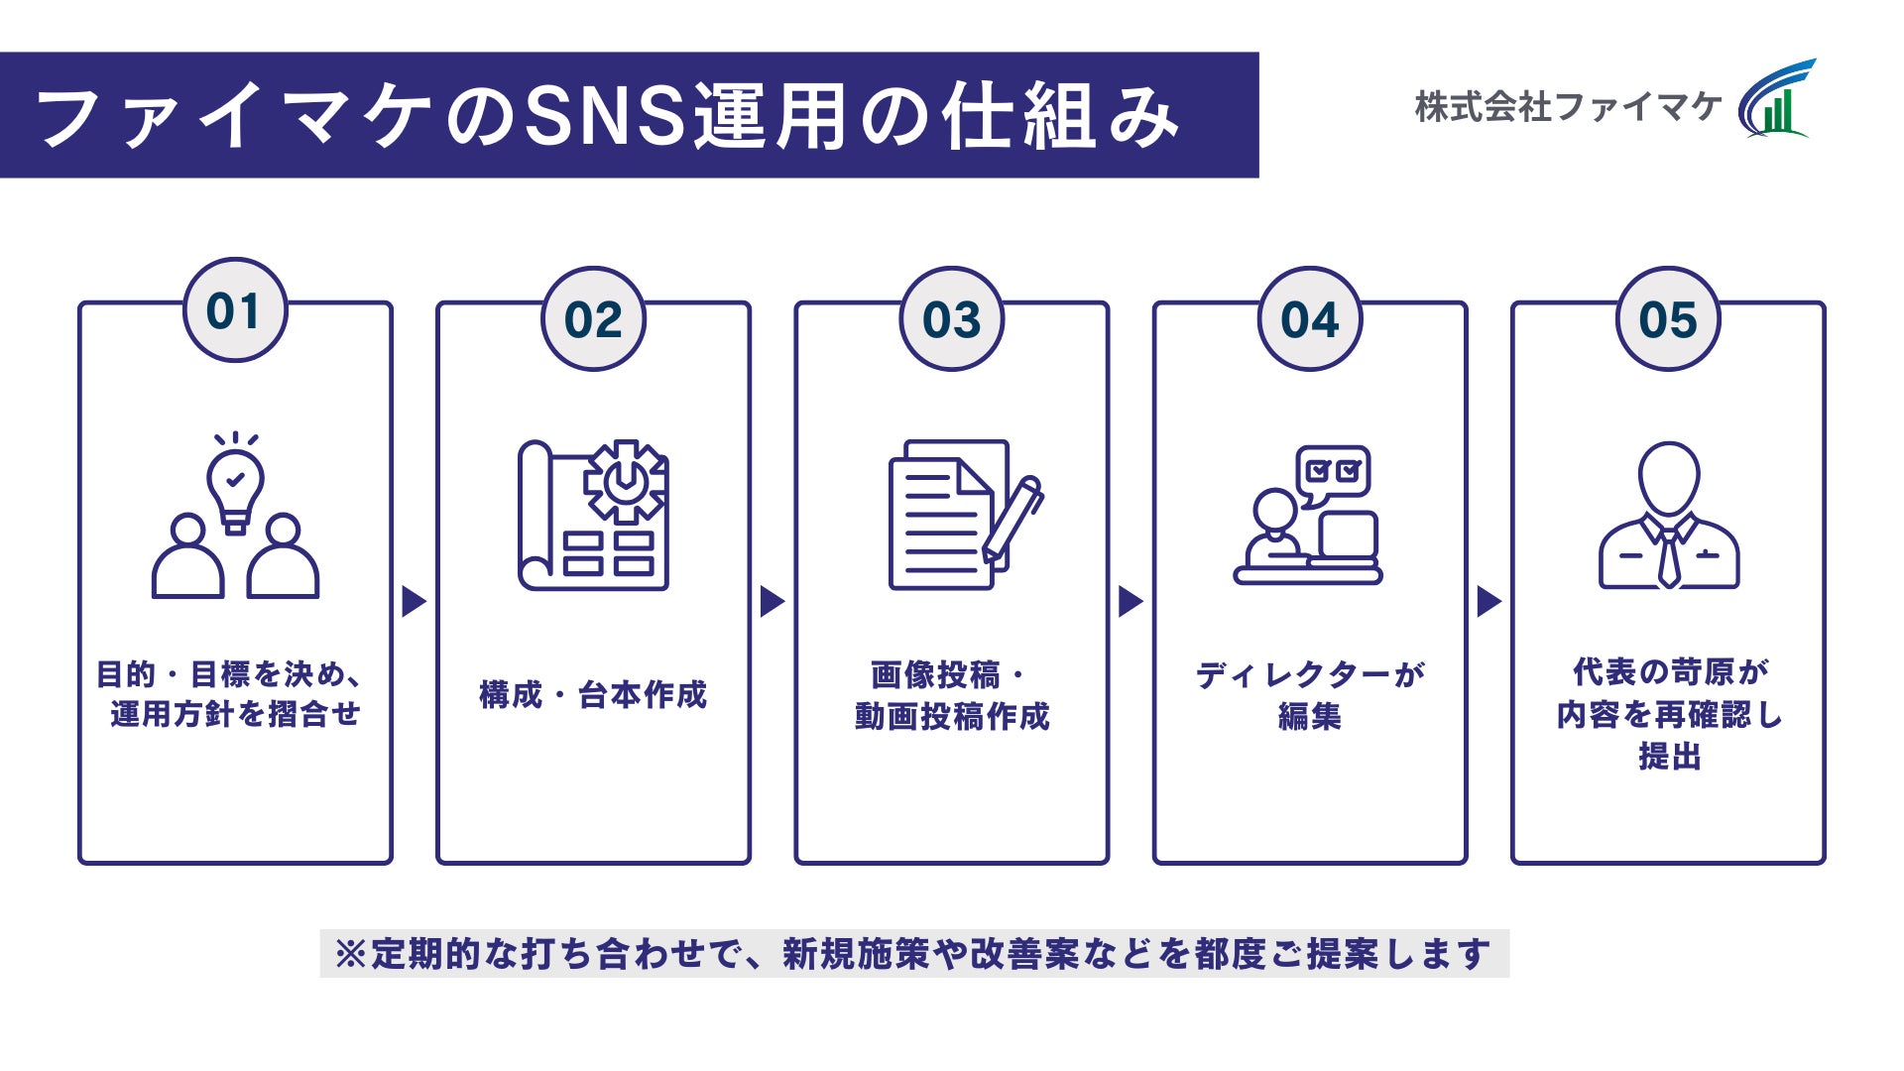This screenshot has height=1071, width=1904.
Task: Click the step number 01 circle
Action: [x=235, y=310]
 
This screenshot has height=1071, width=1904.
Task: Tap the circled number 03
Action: [x=951, y=319]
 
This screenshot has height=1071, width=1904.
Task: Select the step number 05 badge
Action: [x=1668, y=319]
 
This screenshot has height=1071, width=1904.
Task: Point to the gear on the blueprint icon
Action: [x=625, y=482]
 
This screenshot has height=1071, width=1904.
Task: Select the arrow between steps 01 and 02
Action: [x=414, y=601]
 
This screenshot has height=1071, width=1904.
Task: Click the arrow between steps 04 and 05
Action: [x=1488, y=601]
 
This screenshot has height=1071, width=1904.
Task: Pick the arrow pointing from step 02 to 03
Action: [x=772, y=601]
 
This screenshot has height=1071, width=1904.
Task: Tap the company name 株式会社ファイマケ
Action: [x=1567, y=107]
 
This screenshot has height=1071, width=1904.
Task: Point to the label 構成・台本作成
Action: [x=593, y=694]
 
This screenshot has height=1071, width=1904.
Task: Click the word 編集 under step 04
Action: [x=1309, y=716]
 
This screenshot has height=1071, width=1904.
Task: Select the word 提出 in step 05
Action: [x=1669, y=757]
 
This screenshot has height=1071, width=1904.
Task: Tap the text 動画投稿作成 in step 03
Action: [x=951, y=716]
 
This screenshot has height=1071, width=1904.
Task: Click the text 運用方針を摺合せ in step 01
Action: [x=235, y=714]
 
